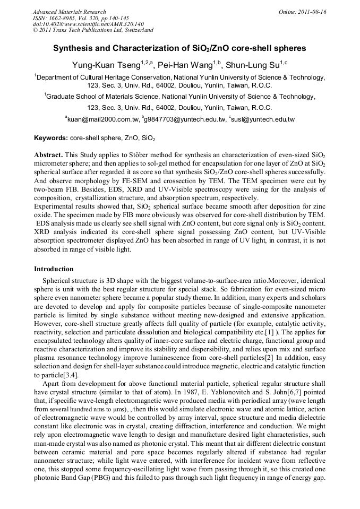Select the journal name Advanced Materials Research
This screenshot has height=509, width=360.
[69, 12]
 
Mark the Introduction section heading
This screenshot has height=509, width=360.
[54, 269]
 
